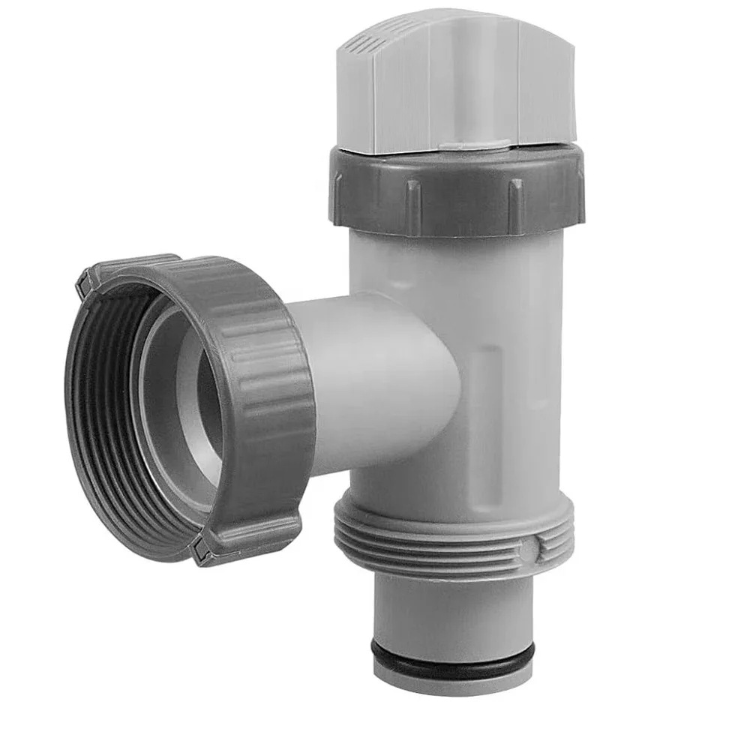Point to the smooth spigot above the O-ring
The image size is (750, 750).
[x=450, y=607]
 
